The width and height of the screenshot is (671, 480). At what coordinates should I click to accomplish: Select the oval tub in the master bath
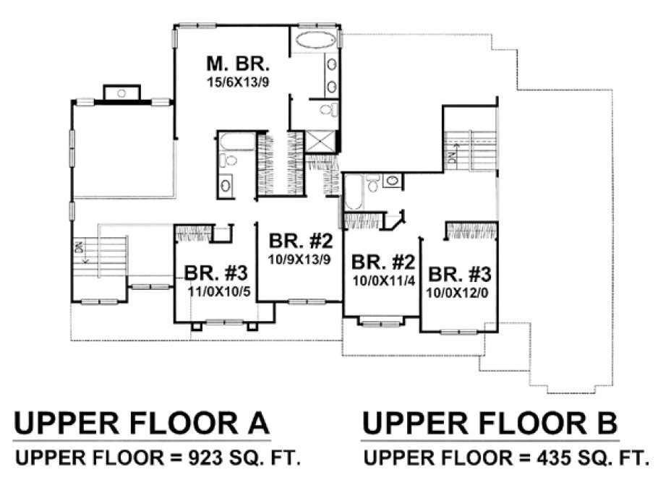[x=315, y=39]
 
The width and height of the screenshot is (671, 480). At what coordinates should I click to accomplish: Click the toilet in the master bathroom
[x=328, y=110]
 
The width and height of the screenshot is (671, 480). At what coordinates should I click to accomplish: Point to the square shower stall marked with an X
[x=319, y=141]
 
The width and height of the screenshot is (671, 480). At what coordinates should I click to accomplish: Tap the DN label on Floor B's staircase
[x=452, y=157]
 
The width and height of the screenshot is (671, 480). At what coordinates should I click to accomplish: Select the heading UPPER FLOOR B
[x=490, y=424]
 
